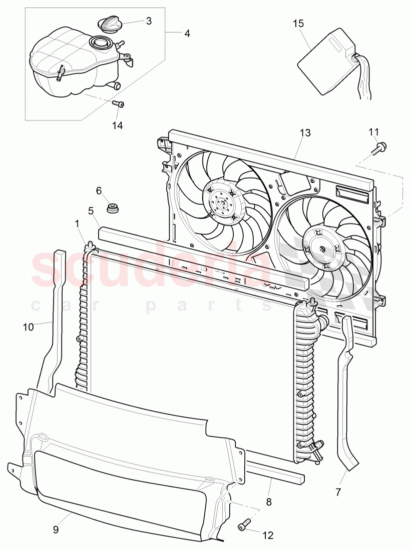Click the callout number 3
[x=149, y=21]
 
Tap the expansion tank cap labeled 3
[x=108, y=24]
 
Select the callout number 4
[x=187, y=33]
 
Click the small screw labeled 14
[x=118, y=103]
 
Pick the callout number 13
[x=305, y=133]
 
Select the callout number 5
[x=91, y=210]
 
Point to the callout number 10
[x=28, y=326]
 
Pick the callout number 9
[x=56, y=529]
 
